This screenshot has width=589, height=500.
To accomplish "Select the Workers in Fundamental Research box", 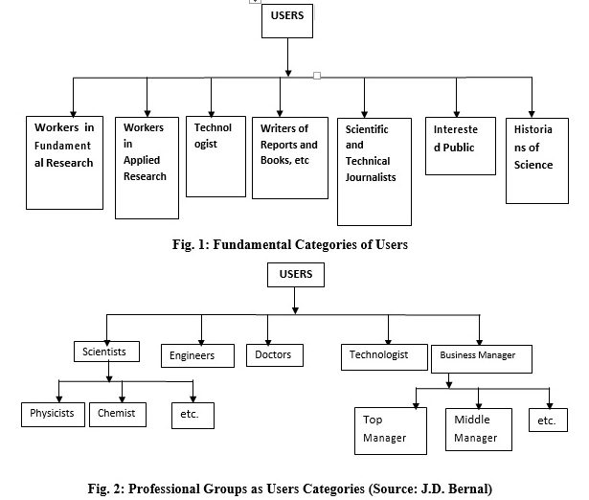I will [x=64, y=161].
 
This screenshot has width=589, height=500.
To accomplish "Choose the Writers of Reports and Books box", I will [x=289, y=157].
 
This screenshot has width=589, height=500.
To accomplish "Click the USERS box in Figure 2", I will [x=295, y=276].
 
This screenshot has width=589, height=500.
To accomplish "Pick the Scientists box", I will [x=105, y=352].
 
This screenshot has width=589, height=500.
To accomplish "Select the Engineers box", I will [x=198, y=355].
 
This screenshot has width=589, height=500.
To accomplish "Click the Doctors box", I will [x=274, y=354].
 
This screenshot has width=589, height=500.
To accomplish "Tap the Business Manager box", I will [x=477, y=355].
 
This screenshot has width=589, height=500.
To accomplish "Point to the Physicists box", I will [x=52, y=414].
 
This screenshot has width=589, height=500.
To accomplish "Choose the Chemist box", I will [x=117, y=414].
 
